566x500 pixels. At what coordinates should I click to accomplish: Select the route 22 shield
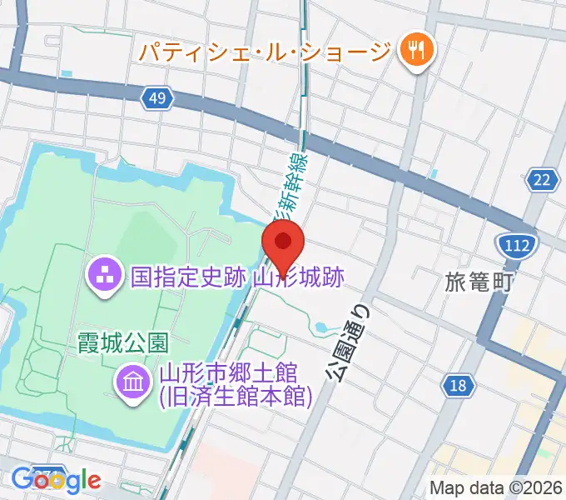pyautogui.click(x=544, y=179)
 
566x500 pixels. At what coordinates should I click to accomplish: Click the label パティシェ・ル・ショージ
pyautogui.click(x=264, y=51)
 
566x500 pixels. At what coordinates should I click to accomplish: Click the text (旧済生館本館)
pyautogui.click(x=235, y=397)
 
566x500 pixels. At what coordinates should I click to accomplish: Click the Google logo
pyautogui.click(x=57, y=480)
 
